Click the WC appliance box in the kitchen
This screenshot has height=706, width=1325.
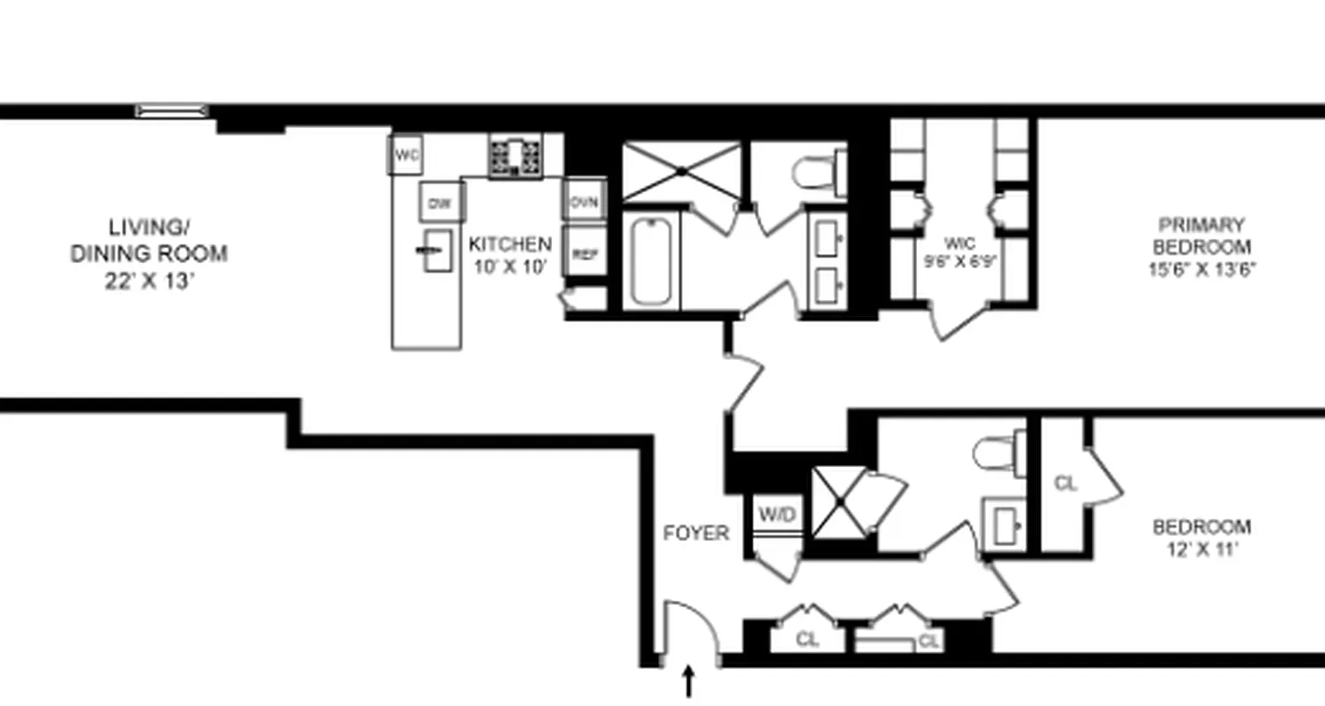406,156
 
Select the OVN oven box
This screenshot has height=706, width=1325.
584,202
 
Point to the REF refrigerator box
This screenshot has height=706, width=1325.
585,254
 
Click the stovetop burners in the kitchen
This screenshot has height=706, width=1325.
516,157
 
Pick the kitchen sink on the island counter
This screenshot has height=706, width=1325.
437,251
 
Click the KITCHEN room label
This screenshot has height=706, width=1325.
510,253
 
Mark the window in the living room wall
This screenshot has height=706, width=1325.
172,111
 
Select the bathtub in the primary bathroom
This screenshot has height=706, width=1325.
652,262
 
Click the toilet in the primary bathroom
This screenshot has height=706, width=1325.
820,172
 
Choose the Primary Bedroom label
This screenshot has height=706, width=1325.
1201,246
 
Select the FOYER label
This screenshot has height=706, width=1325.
697,533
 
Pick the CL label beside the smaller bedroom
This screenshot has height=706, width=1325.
1066,483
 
